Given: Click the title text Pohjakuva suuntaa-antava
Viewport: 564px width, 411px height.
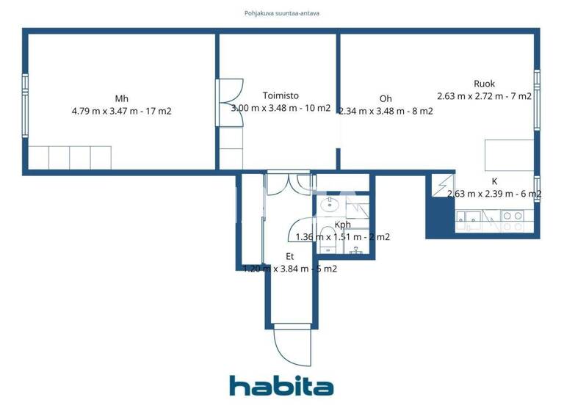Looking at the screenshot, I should coord(282,13).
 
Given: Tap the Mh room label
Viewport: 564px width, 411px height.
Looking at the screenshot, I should coord(121,99).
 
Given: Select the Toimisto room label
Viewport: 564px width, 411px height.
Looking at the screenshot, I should coord(281,95).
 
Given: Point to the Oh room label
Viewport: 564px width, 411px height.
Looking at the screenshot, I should coord(386,99).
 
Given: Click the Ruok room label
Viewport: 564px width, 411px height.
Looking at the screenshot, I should coord(484,84).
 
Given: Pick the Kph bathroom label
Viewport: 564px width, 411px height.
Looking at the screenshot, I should coord(342,225).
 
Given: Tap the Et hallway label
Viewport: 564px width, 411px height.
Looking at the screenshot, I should coord(290,256).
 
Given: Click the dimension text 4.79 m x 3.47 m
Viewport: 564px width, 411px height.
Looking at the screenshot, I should coord(121,112).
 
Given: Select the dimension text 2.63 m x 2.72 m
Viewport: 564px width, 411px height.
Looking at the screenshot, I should coord(484,96).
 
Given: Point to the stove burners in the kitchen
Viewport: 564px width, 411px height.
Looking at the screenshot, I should coord(512,217).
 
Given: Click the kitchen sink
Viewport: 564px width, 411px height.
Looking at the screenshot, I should coord(470,217).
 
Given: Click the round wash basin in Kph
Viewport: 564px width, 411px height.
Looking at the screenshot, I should coord(331,203).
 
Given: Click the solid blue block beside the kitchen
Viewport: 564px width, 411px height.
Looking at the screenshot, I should coord(439,218).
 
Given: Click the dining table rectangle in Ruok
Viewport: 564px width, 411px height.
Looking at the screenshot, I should coord(507,156).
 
